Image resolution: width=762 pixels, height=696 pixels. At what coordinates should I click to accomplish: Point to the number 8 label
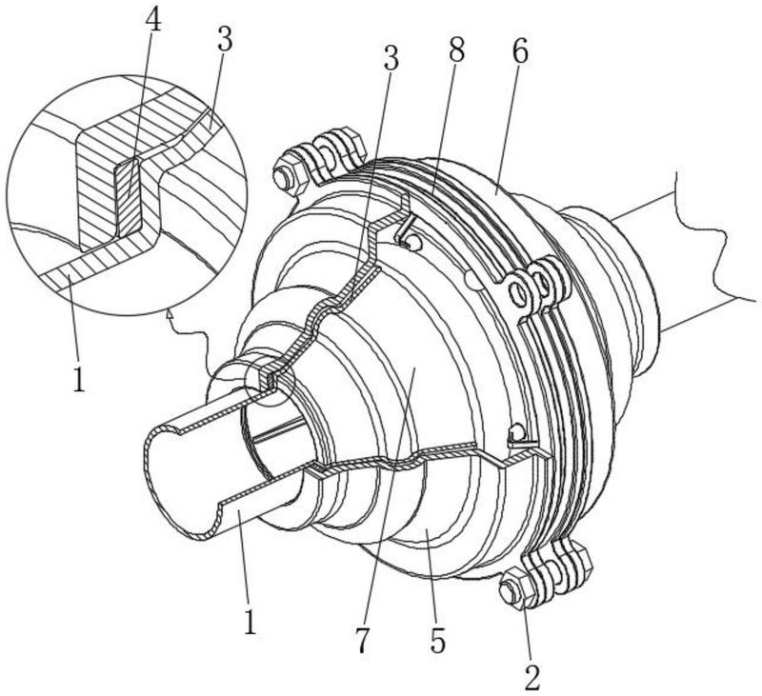[x=456, y=51]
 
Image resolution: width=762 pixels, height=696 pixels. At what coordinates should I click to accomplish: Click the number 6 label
[x=520, y=53]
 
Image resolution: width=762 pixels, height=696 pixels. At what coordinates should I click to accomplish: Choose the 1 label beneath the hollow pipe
[x=250, y=623]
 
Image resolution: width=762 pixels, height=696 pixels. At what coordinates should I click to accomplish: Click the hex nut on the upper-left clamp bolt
[x=285, y=178]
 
